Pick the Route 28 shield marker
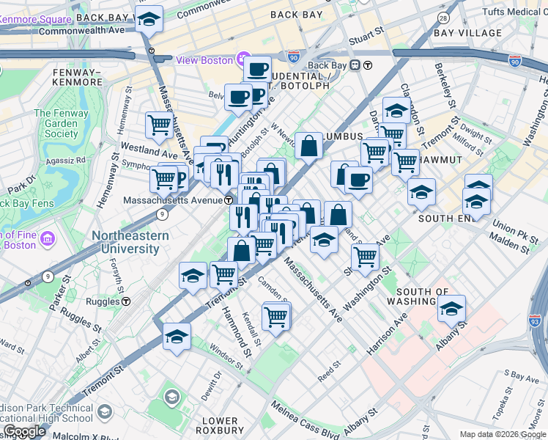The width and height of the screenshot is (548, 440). pyautogui.click(x=443, y=17)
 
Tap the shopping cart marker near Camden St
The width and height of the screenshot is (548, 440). pyautogui.click(x=275, y=317)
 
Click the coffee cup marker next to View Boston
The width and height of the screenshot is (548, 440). pyautogui.click(x=256, y=70)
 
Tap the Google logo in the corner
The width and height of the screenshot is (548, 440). pyautogui.click(x=23, y=431)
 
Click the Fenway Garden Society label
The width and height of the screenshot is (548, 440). pyautogui.click(x=56, y=123)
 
